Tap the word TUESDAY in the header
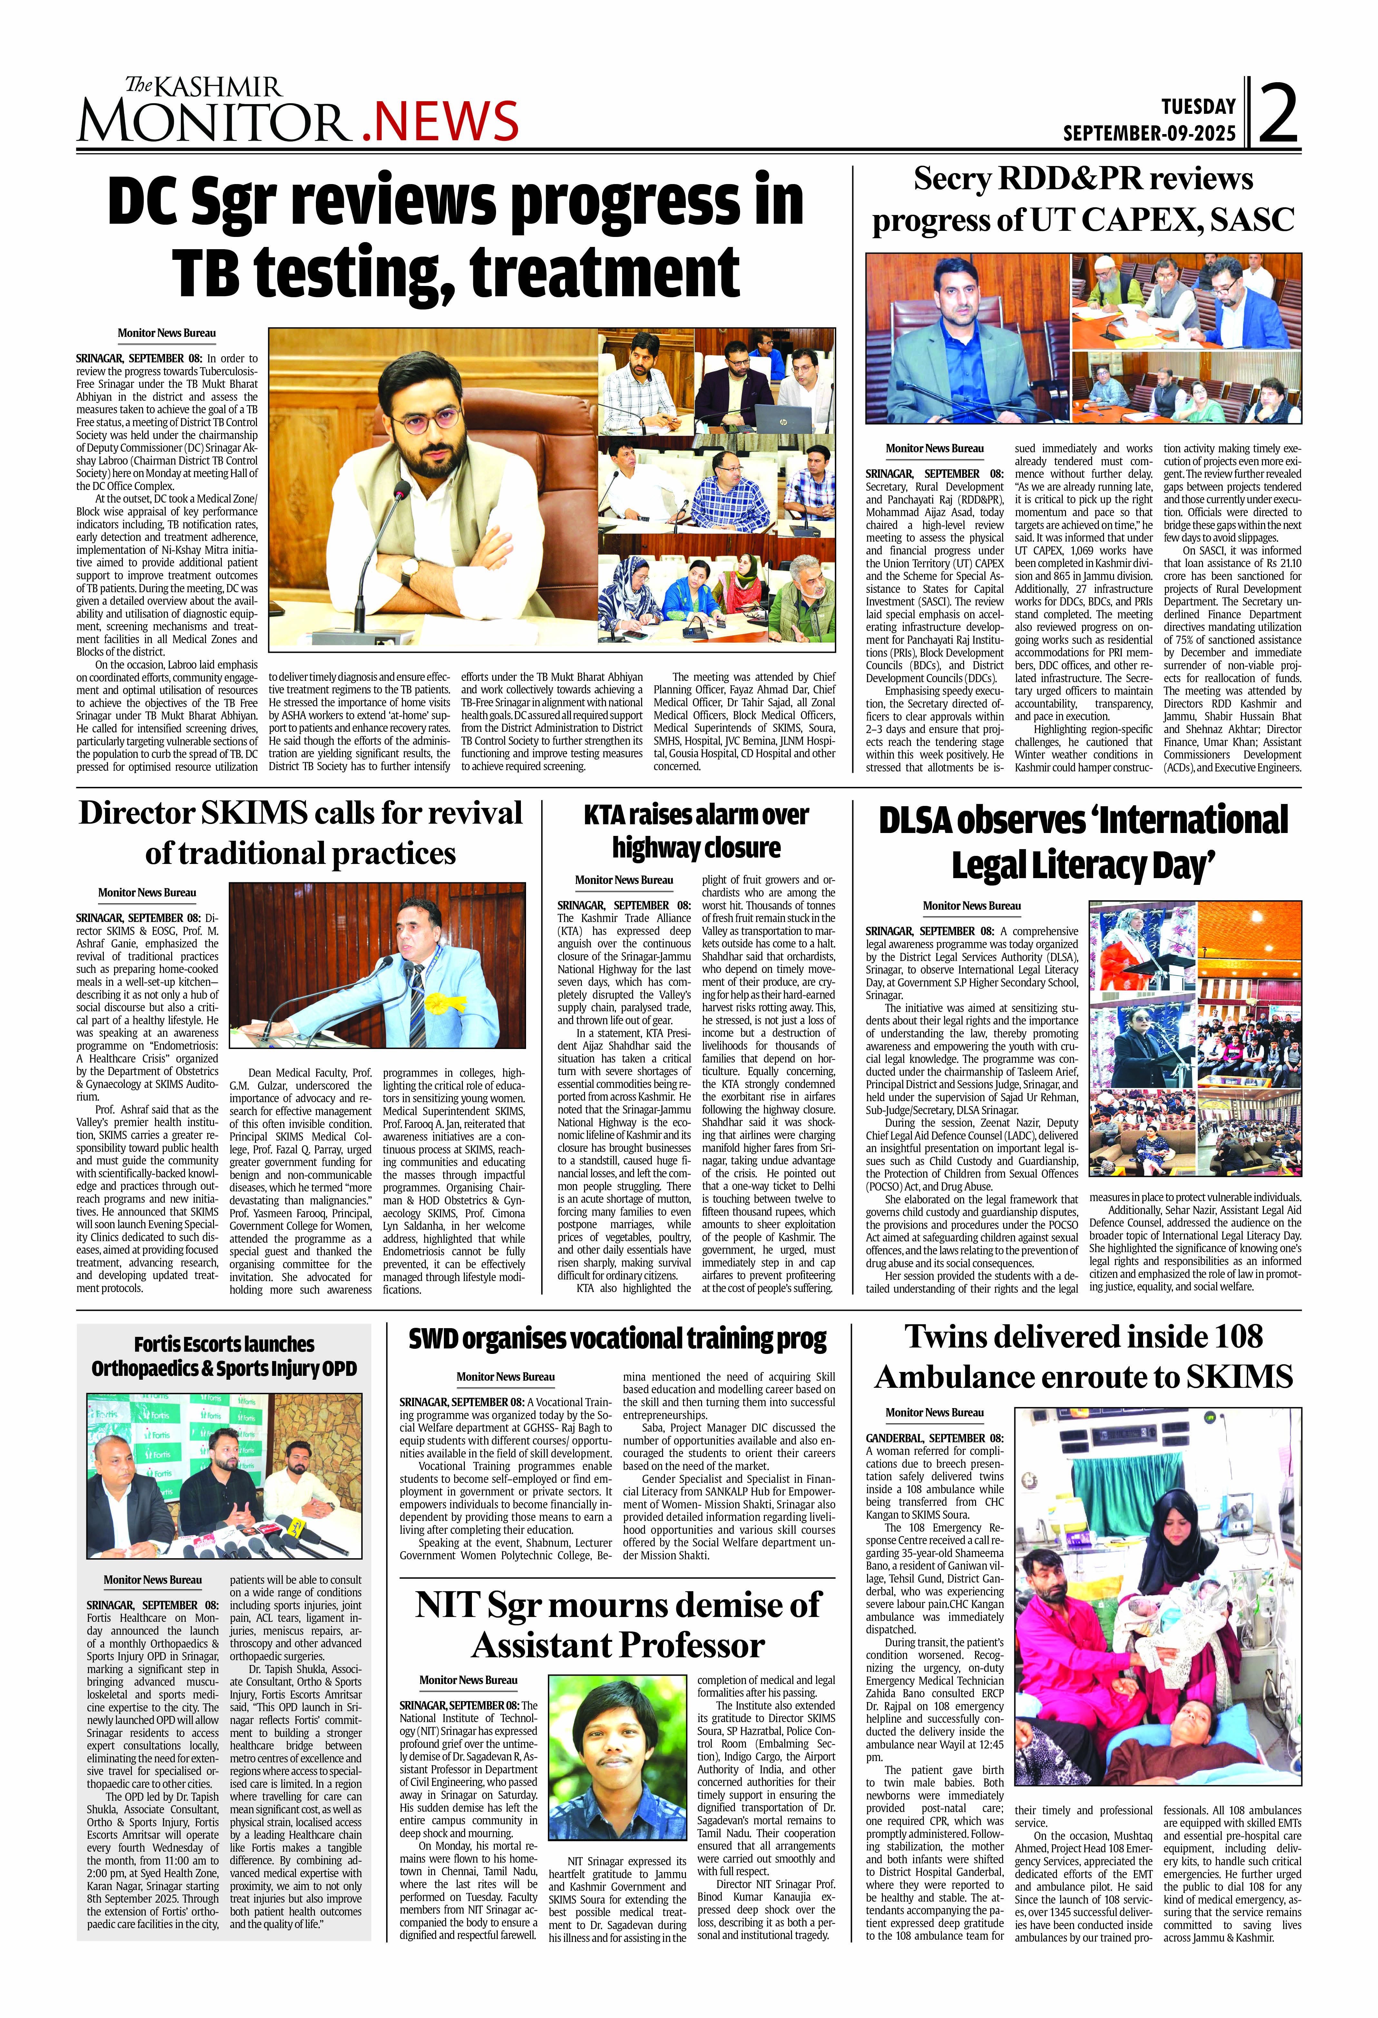[x=1198, y=107]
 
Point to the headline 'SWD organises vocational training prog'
[x=617, y=1339]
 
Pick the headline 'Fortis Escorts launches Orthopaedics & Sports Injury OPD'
[x=224, y=1356]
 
